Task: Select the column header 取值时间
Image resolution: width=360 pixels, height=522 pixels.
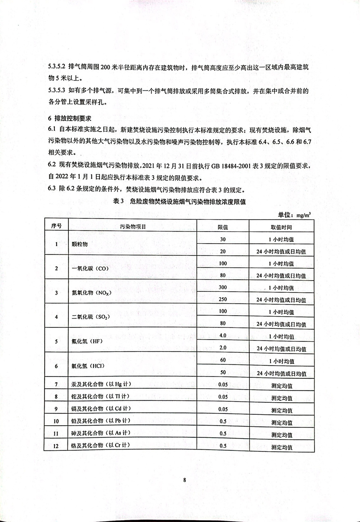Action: (x=281, y=226)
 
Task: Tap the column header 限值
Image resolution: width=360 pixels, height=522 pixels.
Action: (x=223, y=226)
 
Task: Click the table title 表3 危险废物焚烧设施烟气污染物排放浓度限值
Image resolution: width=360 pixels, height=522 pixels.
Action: (x=180, y=202)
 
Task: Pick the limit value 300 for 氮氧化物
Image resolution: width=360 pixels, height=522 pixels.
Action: (x=223, y=287)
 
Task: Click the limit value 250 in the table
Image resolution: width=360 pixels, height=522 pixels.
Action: (x=223, y=299)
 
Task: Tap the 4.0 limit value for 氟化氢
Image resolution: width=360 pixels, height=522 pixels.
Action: (x=223, y=336)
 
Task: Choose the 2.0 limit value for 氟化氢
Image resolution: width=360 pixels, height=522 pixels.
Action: (x=223, y=348)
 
